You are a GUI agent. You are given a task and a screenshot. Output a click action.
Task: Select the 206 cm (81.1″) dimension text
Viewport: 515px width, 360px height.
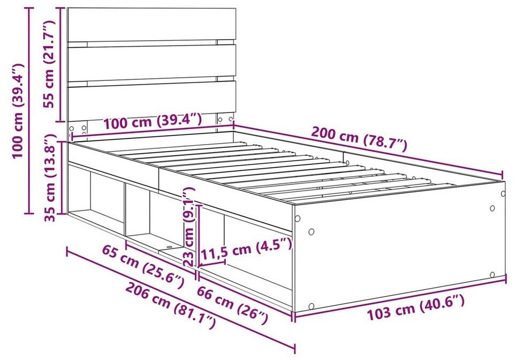pyautogui.click(x=171, y=305)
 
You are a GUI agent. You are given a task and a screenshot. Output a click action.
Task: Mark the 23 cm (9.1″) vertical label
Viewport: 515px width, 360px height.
pyautogui.click(x=189, y=227)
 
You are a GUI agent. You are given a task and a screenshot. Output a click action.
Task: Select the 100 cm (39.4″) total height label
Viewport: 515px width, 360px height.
pyautogui.click(x=18, y=111)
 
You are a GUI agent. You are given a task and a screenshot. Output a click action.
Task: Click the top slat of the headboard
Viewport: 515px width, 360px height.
pyautogui.click(x=152, y=25)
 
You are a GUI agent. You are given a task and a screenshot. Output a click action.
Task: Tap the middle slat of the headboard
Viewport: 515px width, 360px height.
pyautogui.click(x=152, y=63)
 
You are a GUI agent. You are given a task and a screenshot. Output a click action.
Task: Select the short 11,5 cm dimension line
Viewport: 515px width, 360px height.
pyautogui.click(x=212, y=263)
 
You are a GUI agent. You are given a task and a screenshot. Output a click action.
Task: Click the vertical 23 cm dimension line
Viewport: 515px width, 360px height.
pyautogui.click(x=199, y=236)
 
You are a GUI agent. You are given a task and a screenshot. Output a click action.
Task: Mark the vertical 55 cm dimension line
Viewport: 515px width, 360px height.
pyautogui.click(x=60, y=64)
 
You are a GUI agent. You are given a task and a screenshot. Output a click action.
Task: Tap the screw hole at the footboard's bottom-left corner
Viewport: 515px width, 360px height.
pyautogui.click(x=312, y=306)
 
